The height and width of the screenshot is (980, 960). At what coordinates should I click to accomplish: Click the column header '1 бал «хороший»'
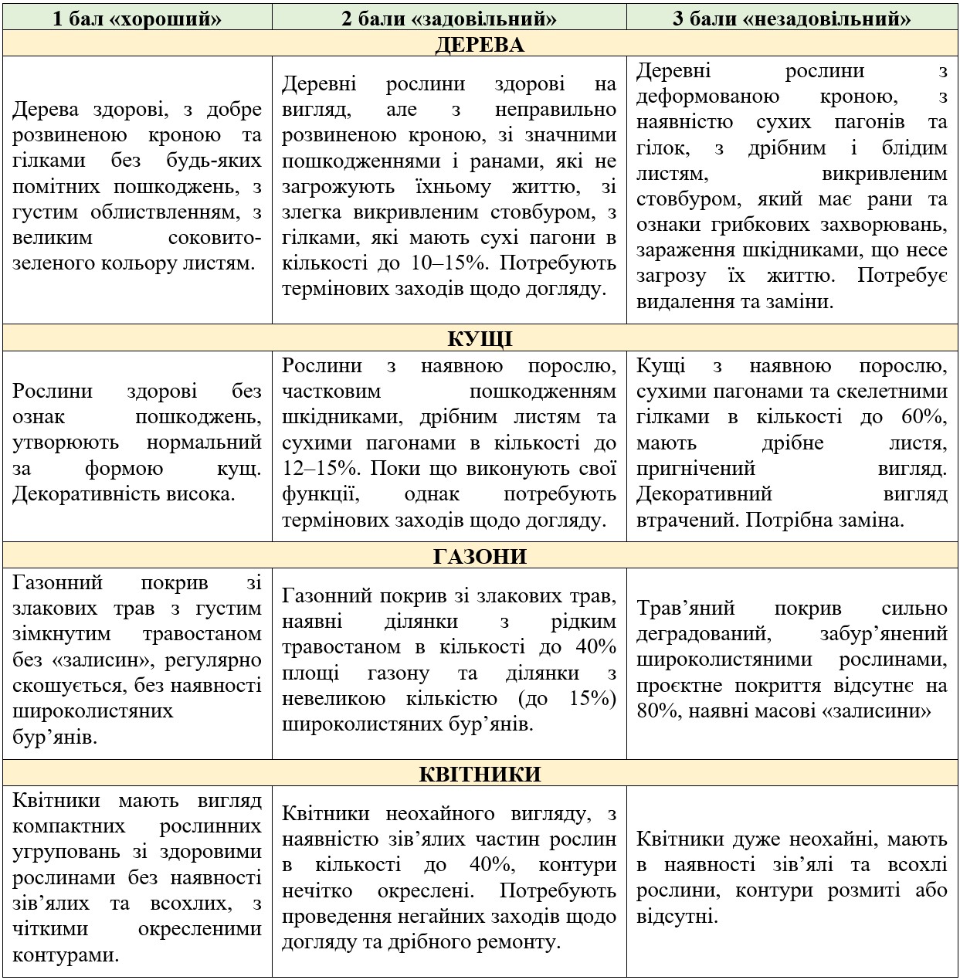137,18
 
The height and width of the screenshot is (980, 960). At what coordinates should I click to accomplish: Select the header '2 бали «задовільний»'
449,18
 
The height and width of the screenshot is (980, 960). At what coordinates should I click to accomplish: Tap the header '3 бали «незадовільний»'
792,18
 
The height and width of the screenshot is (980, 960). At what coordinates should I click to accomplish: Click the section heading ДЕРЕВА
480,44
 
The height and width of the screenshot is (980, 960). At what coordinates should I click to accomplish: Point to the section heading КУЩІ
480,339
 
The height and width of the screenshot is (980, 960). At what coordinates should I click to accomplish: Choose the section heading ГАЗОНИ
480,556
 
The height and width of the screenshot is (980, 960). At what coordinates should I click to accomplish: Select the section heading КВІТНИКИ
480,774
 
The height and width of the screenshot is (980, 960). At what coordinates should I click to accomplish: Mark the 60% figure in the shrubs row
924,417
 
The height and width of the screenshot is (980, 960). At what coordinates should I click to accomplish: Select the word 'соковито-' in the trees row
215,238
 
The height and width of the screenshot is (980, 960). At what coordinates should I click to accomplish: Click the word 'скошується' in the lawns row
70,686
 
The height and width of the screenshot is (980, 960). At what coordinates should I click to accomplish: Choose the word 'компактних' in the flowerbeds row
69,826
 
